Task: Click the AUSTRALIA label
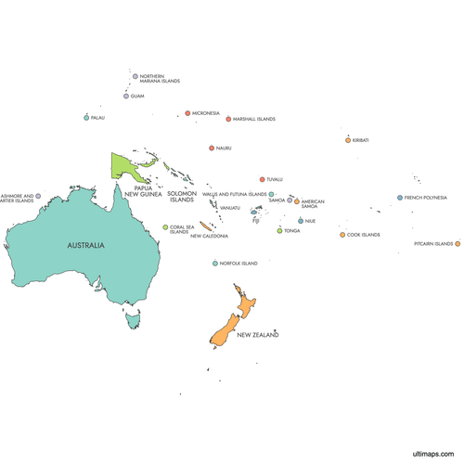(x=85, y=246)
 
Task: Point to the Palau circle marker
(x=86, y=118)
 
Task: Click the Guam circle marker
(x=126, y=96)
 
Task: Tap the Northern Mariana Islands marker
(x=135, y=77)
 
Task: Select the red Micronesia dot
(x=187, y=113)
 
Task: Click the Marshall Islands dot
(x=228, y=119)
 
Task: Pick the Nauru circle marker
(x=212, y=148)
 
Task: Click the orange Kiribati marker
(x=348, y=140)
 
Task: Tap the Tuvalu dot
(x=262, y=179)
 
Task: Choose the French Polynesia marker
(x=400, y=198)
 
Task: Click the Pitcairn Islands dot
(x=458, y=244)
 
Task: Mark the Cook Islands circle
(x=342, y=235)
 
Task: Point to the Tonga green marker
(x=279, y=230)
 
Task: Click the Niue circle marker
(x=301, y=221)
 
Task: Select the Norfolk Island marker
(x=214, y=264)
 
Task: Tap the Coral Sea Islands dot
(x=165, y=226)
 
